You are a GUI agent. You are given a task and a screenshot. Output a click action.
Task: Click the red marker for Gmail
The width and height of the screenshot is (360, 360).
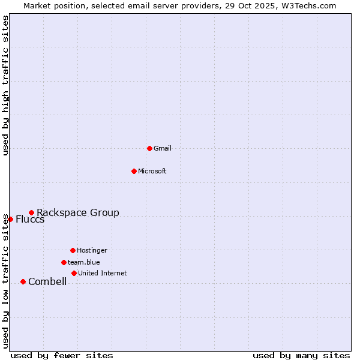pyautogui.click(x=149, y=148)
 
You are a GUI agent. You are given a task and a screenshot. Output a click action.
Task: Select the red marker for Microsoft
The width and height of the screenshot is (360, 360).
pyautogui.click(x=134, y=171)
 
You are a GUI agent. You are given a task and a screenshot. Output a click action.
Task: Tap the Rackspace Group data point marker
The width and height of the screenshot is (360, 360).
pyautogui.click(x=31, y=212)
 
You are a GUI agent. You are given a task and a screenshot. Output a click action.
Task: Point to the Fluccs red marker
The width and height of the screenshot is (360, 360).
pyautogui.click(x=10, y=219)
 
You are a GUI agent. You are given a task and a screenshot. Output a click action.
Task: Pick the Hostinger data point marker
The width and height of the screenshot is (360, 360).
pyautogui.click(x=73, y=250)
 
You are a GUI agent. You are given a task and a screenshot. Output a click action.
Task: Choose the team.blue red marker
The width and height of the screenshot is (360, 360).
pyautogui.click(x=64, y=262)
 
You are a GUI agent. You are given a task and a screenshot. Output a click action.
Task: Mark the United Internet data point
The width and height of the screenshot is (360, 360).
pyautogui.click(x=74, y=273)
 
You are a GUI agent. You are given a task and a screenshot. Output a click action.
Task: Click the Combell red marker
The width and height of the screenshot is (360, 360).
pyautogui.click(x=23, y=281)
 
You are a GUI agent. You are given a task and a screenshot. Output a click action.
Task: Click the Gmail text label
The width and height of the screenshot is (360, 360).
pyautogui.click(x=163, y=148)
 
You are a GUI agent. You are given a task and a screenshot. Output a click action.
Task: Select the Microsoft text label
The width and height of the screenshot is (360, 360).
pyautogui.click(x=152, y=171)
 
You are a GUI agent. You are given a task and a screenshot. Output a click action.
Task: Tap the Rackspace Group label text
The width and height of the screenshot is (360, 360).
pyautogui.click(x=78, y=212)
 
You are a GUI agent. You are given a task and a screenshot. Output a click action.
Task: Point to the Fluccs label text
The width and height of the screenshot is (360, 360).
pyautogui.click(x=30, y=219)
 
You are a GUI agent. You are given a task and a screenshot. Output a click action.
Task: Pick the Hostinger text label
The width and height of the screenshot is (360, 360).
pyautogui.click(x=92, y=250)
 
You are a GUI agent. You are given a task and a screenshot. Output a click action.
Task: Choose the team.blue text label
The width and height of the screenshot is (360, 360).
pyautogui.click(x=84, y=262)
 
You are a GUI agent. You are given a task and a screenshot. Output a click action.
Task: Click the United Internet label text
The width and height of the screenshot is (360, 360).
pyautogui.click(x=103, y=273)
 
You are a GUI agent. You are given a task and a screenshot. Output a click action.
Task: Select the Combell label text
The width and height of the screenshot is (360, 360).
pyautogui.click(x=47, y=281)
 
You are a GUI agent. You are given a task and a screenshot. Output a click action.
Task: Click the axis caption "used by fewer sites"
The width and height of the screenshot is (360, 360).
pyautogui.click(x=62, y=355)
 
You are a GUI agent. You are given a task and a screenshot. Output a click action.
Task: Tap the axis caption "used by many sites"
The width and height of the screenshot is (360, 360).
pyautogui.click(x=301, y=355)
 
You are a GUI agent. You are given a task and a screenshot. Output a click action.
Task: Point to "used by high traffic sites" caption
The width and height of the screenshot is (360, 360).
pyautogui.click(x=5, y=85)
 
